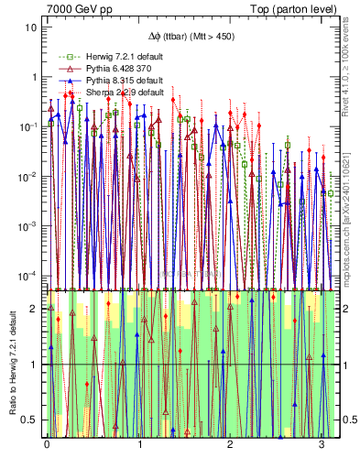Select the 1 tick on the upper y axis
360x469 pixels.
pos(34,77)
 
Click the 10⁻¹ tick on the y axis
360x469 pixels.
pos(29,126)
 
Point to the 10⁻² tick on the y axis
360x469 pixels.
pos(29,176)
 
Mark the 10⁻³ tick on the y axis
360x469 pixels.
pos(29,225)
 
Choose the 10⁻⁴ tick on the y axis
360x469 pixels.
pos(29,275)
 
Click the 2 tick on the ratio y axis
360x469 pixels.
pos(34,309)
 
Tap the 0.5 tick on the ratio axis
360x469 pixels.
pos(30,420)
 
